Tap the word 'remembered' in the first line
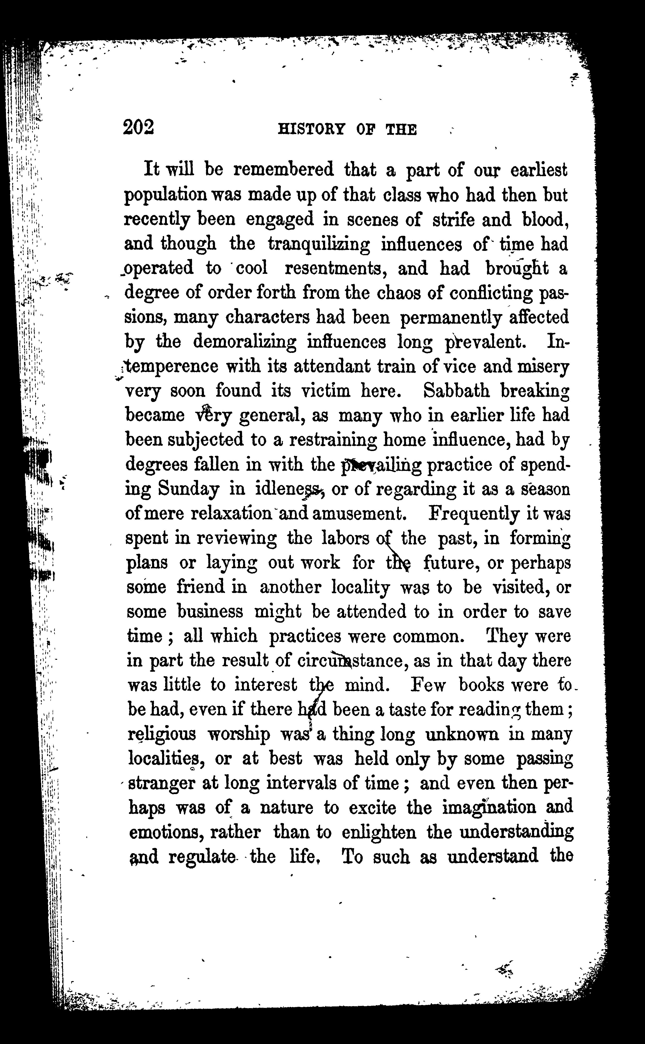(284, 170)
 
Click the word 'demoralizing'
(244, 342)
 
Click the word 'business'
(210, 612)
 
